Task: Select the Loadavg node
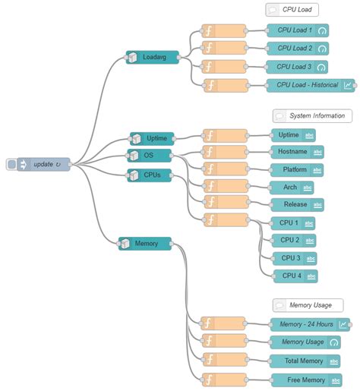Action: tap(153, 58)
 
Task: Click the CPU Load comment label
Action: tap(292, 10)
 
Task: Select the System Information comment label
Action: tap(312, 116)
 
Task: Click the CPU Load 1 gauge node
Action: tap(298, 31)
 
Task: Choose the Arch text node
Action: tap(292, 187)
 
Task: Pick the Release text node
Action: tap(297, 204)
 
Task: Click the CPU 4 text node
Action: tap(295, 276)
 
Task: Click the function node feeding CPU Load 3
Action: tap(224, 67)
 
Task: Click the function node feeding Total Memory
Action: tap(223, 360)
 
